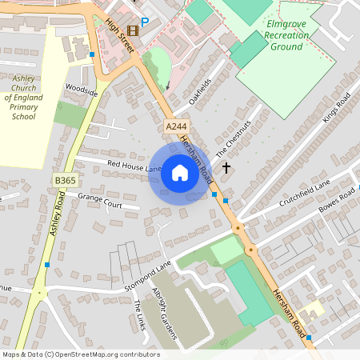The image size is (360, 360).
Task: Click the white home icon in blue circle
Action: click(180, 172)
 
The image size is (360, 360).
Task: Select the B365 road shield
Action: click(66, 182)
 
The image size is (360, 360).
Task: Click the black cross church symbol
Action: click(226, 168)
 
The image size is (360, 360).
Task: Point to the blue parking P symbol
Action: click(145, 22)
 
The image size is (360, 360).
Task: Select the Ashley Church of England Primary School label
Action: click(24, 98)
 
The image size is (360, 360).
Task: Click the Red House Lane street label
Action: click(134, 166)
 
